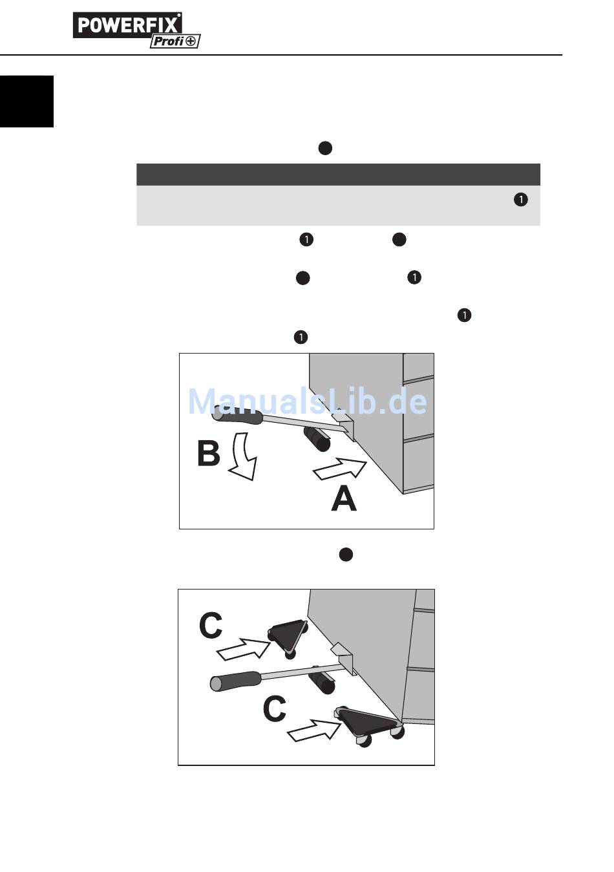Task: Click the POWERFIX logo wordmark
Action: pos(127,25)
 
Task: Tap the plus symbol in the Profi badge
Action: pos(192,41)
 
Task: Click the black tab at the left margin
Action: pos(26,101)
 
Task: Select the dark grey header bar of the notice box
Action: pos(338,175)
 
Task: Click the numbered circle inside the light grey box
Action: pos(520,200)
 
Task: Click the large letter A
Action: pos(344,499)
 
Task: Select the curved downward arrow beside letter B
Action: pos(242,458)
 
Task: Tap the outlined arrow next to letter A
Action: pos(339,469)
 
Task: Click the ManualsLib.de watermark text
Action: pos(307,402)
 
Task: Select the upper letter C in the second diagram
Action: pos(211,626)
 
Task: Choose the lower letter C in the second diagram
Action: pos(274,709)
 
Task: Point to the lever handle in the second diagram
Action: pos(235,680)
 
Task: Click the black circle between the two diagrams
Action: pos(346,555)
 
